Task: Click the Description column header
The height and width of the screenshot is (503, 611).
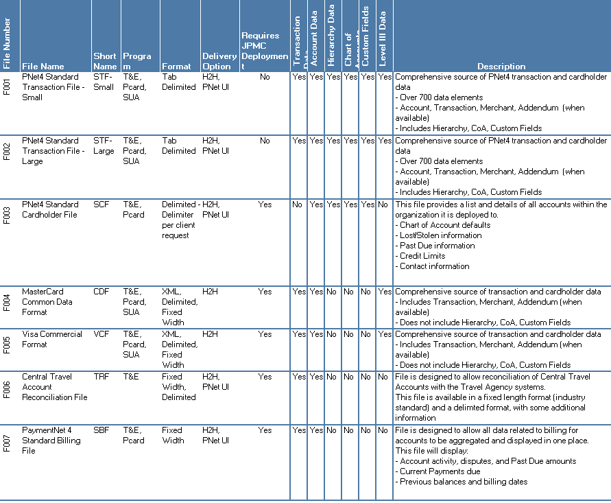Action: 501,67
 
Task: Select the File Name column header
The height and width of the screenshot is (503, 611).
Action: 43,67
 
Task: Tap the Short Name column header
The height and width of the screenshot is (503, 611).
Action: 105,61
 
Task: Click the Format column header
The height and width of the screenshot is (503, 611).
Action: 176,67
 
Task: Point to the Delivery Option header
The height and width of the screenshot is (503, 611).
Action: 219,61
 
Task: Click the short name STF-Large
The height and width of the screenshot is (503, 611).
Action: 104,145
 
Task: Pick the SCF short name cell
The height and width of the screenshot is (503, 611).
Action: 100,204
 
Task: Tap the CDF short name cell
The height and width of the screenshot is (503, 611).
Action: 101,292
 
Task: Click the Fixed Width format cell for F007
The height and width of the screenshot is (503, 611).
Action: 173,435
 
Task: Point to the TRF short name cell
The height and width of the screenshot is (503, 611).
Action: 101,377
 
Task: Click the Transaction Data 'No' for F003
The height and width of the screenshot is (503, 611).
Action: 297,204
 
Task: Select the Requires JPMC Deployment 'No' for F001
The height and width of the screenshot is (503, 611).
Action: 265,78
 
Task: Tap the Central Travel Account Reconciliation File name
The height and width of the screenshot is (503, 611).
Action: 55,386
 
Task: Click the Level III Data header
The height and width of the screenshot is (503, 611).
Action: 383,38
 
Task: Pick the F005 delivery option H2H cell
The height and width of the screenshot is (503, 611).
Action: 209,334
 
